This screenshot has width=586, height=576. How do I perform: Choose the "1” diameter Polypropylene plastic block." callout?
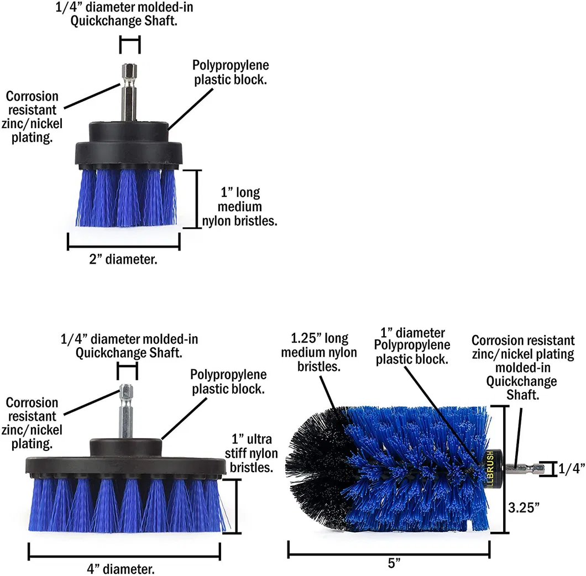coord(412,345)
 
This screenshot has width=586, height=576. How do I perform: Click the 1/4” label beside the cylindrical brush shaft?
coord(572,469)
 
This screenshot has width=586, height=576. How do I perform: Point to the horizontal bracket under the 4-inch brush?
coord(124,551)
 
